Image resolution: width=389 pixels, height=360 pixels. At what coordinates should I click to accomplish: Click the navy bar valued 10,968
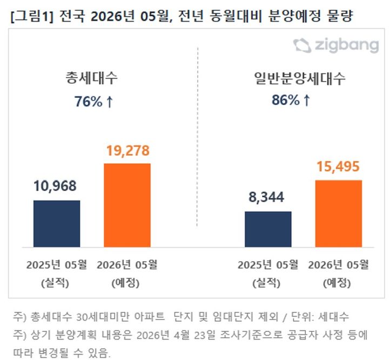(57, 223)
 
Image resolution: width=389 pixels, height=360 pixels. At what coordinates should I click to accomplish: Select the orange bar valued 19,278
(127, 205)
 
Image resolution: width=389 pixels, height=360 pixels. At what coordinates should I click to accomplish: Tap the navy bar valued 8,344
(268, 229)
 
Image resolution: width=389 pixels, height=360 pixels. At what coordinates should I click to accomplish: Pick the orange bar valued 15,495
(338, 213)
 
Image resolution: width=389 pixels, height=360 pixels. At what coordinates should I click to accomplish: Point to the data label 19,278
(127, 150)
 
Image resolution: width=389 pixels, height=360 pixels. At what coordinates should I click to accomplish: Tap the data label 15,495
(338, 166)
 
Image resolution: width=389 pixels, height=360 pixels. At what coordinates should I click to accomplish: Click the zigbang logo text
(346, 45)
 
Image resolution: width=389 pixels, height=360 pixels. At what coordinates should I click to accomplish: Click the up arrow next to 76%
(109, 101)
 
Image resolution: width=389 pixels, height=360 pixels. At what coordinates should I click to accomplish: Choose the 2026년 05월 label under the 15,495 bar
(338, 265)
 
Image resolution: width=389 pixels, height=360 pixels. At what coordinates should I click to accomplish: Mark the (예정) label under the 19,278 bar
(127, 283)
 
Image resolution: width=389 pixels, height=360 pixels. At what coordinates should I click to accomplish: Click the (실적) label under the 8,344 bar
(268, 283)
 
